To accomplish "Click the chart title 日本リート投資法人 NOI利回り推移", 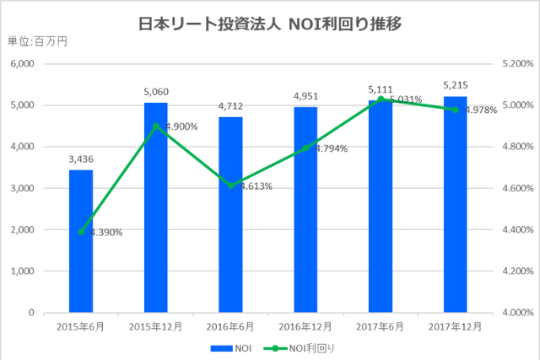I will tap(269, 24).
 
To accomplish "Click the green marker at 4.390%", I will tap(81, 232).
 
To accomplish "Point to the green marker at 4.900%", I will tap(156, 126).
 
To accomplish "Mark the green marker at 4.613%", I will tap(231, 185).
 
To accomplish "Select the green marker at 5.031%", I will tap(381, 99).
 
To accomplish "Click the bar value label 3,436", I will tap(81, 158).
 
